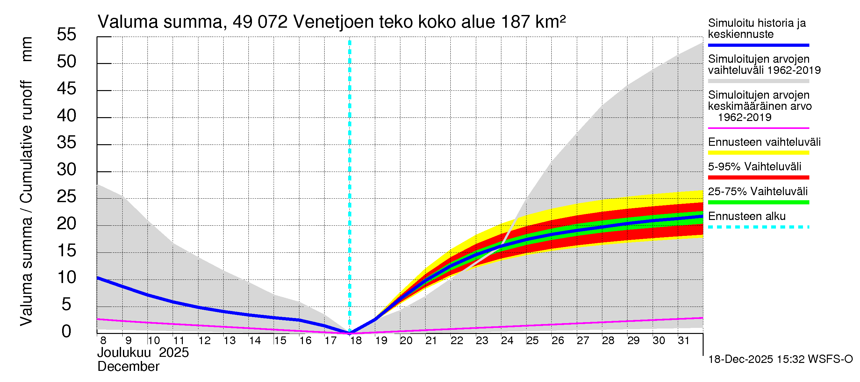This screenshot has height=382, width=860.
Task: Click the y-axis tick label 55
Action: [x=67, y=34]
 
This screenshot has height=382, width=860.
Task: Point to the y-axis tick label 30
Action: [x=67, y=169]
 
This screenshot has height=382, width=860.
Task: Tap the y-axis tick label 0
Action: [x=67, y=331]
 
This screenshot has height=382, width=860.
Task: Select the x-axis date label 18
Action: [x=356, y=341]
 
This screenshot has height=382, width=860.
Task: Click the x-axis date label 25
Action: [x=532, y=341]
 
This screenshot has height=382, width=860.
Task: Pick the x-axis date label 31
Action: [x=684, y=341]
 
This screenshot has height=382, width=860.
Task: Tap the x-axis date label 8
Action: [x=103, y=341]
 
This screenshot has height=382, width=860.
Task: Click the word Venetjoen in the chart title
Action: [x=333, y=22]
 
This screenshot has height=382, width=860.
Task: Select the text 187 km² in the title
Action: [x=533, y=22]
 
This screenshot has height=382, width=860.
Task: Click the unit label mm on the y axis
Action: [x=27, y=49]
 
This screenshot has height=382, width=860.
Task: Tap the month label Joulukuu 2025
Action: [x=143, y=353]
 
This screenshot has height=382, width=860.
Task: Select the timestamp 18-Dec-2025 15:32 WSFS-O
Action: [x=780, y=359]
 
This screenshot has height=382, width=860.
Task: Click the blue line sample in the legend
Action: [x=758, y=45]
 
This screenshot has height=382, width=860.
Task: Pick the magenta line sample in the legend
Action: [x=758, y=128]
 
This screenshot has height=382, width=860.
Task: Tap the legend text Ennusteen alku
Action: [x=747, y=216]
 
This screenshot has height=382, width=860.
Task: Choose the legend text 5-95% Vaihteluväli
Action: [x=754, y=166]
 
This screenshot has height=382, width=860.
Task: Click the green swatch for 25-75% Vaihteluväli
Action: [x=758, y=202]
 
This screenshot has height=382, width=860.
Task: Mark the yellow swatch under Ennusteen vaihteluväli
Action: [x=758, y=153]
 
